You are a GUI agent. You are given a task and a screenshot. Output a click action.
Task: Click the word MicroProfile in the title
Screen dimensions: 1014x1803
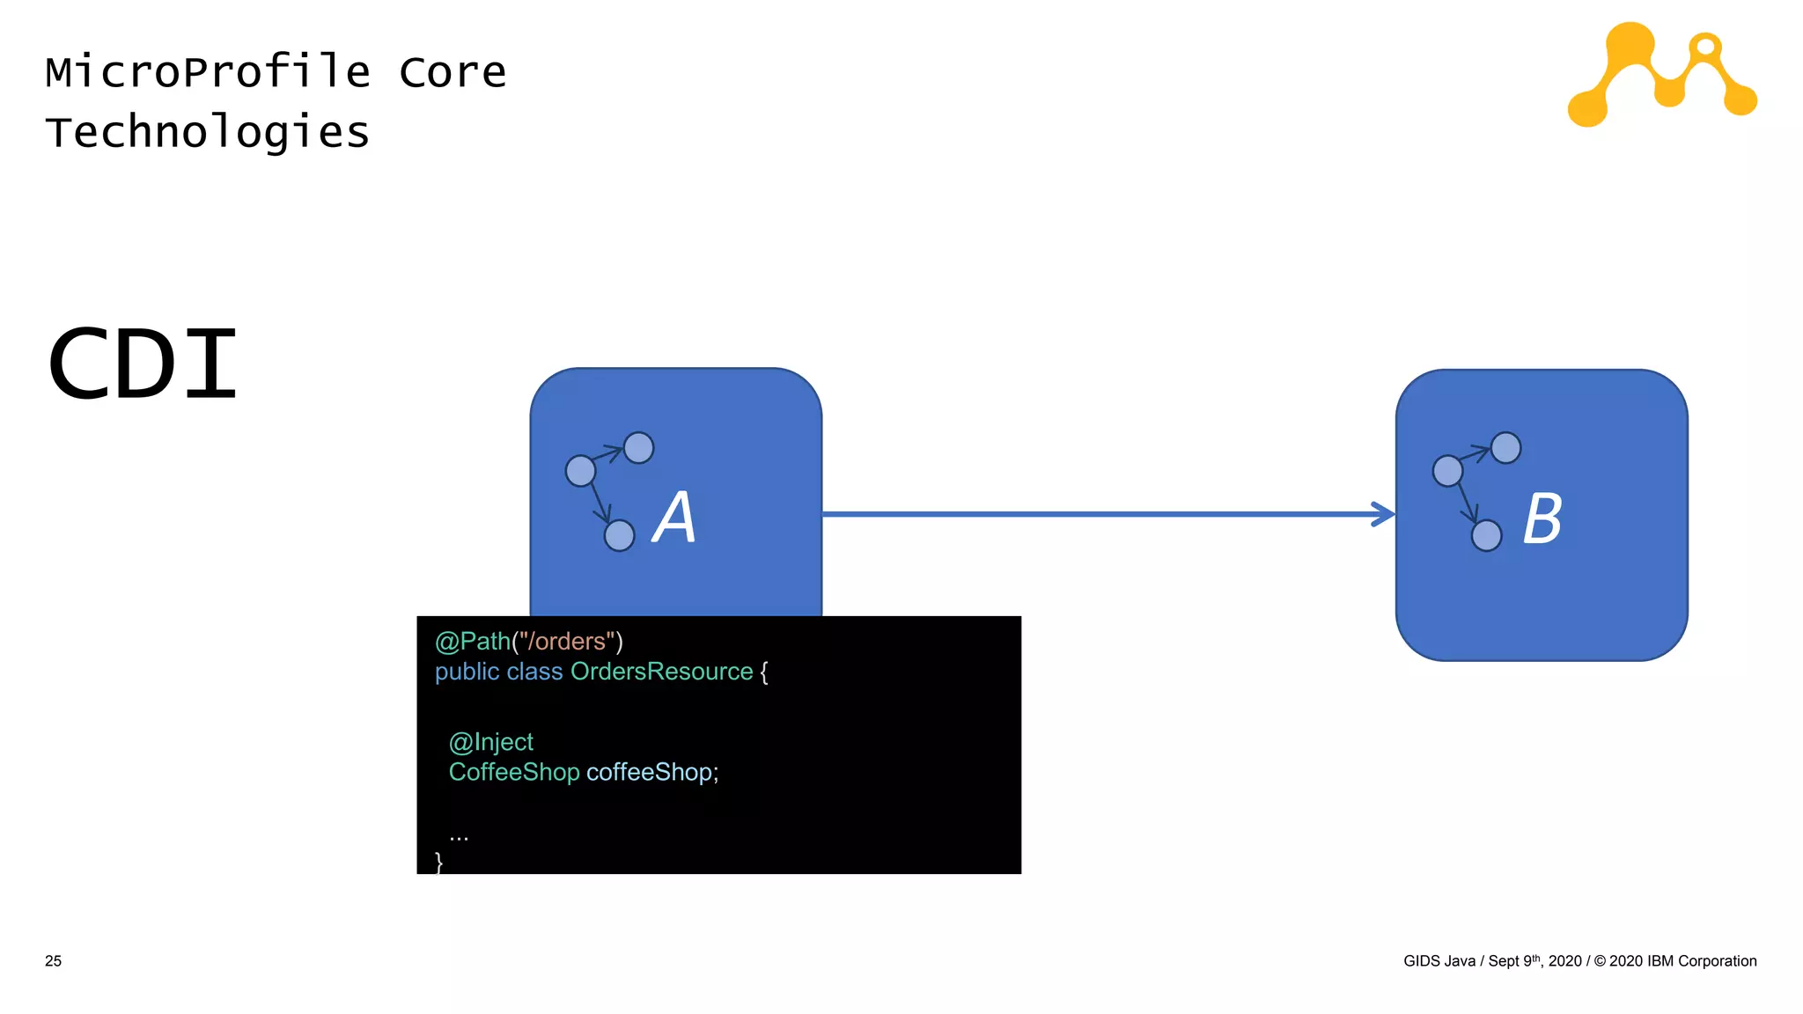pos(208,72)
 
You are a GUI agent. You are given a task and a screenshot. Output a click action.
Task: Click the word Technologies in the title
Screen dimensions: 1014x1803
pos(208,133)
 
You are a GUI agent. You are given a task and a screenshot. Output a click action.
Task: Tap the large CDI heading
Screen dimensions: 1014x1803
pos(144,364)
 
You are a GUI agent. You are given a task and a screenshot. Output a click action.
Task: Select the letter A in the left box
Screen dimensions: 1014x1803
pos(674,518)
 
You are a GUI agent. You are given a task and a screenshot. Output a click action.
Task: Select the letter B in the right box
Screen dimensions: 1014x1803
pos(1542,519)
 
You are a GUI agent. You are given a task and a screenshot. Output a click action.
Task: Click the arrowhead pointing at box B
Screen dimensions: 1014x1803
pos(1384,514)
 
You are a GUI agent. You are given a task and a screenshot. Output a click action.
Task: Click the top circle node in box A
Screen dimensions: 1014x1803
pos(638,448)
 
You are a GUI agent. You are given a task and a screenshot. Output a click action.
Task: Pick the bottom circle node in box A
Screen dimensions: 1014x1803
pos(619,535)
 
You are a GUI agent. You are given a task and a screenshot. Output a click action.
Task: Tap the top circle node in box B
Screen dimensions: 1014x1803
pos(1505,448)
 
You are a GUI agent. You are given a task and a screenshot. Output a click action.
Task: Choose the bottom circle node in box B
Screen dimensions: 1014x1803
pos(1486,535)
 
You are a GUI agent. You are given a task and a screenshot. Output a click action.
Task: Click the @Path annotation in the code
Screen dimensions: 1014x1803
pos(472,642)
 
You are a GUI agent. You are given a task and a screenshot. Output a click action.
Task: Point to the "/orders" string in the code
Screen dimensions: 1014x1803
pos(566,642)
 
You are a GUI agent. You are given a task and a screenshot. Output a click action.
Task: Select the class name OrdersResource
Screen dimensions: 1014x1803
pos(661,672)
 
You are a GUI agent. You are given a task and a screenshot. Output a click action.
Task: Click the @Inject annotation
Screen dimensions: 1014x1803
pos(490,742)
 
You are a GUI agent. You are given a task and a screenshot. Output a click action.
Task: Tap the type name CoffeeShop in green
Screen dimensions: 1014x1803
pos(514,772)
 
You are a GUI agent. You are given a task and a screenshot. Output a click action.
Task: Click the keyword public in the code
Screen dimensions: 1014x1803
pos(467,672)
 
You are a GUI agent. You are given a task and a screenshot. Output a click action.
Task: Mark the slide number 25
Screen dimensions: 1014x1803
pos(54,961)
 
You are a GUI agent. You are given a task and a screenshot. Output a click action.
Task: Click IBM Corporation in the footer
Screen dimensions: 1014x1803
pos(1701,961)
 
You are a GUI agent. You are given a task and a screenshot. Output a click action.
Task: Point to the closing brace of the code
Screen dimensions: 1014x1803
pos(438,862)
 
